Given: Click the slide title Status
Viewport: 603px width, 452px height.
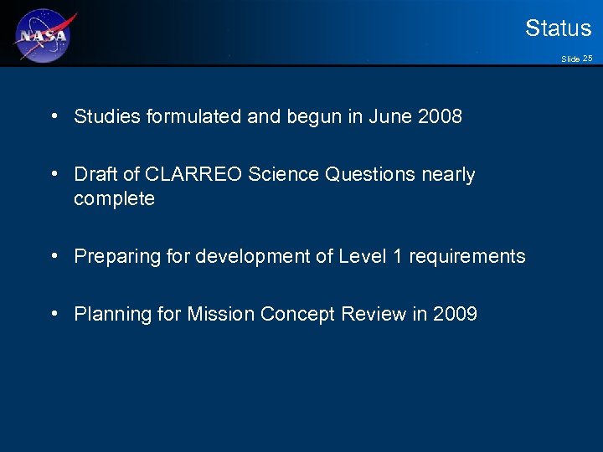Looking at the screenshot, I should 558,28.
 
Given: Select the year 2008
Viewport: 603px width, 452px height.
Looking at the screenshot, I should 440,117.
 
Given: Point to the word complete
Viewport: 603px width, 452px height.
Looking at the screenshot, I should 114,199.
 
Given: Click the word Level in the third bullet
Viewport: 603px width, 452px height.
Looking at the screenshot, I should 363,257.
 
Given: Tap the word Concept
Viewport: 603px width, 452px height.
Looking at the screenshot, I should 297,315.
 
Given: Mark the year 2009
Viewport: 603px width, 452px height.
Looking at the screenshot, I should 455,315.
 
